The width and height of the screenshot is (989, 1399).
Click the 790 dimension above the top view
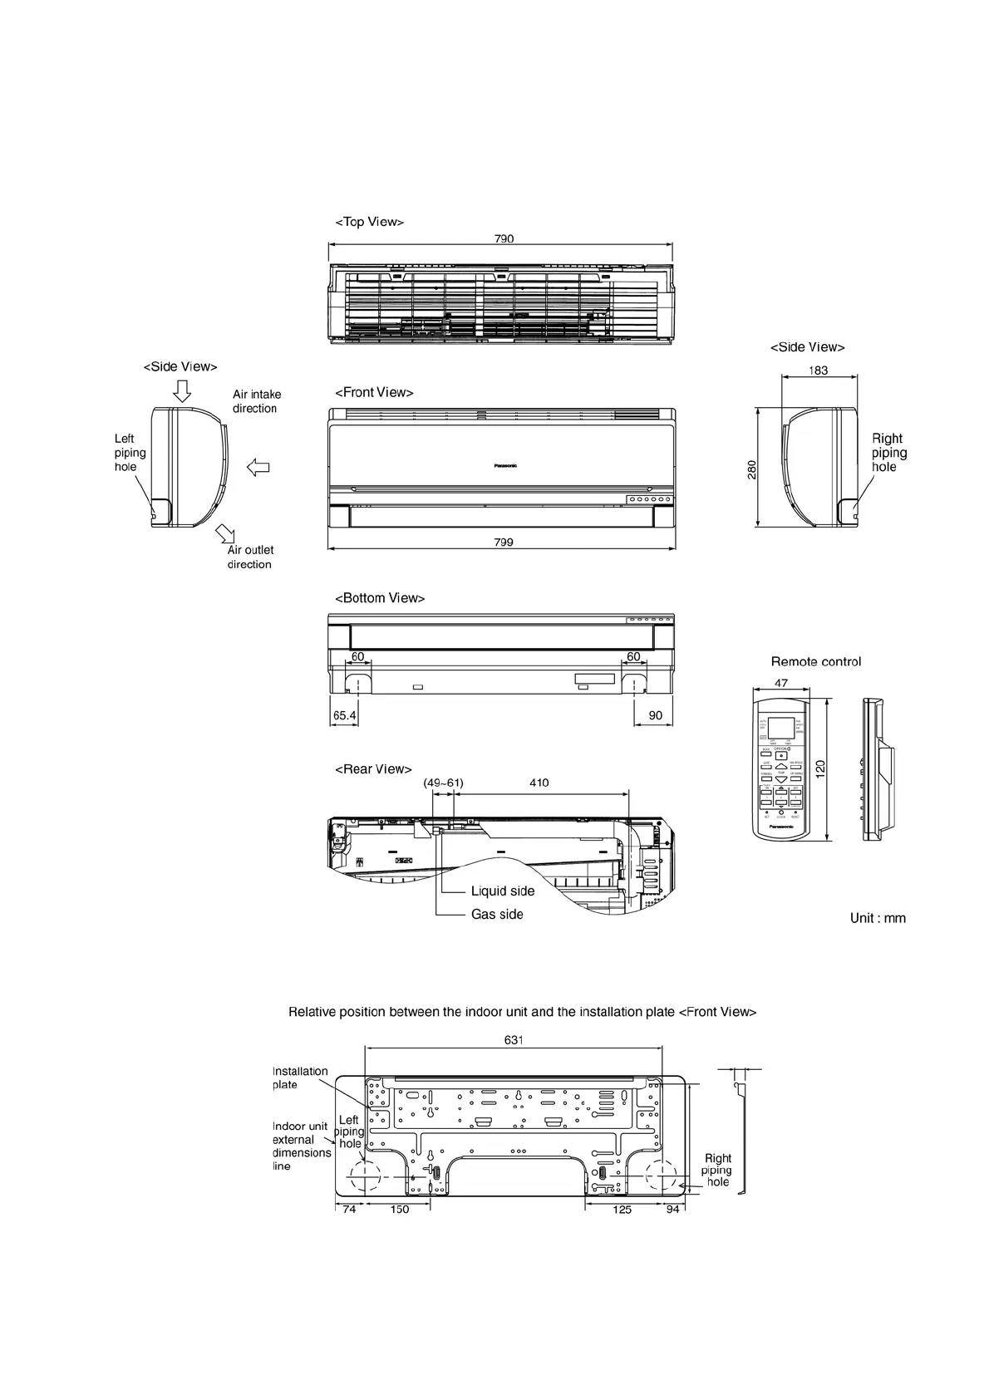[504, 238]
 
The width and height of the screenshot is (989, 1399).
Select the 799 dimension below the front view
[504, 542]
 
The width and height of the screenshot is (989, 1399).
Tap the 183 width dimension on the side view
[819, 371]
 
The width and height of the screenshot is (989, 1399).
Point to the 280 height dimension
[751, 470]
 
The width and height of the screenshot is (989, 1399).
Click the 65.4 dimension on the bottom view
[345, 715]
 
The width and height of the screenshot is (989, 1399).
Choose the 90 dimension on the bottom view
[656, 715]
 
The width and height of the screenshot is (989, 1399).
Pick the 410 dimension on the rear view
[539, 783]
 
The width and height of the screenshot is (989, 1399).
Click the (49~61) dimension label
[443, 783]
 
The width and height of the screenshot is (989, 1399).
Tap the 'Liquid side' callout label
[503, 891]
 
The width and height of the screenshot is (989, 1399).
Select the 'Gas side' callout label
[497, 915]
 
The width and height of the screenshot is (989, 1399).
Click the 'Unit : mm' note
[878, 918]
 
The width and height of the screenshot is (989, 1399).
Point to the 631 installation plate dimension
[514, 1040]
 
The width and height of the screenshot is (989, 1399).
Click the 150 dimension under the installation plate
[400, 1210]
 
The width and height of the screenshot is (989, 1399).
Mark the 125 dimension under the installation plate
[622, 1210]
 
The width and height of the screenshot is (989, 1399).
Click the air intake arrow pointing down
[182, 390]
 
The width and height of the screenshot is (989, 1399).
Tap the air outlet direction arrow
[225, 533]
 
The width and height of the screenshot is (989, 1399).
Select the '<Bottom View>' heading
[380, 598]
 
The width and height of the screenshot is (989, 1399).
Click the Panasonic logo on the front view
[505, 466]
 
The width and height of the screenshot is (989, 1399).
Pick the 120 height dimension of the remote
[820, 768]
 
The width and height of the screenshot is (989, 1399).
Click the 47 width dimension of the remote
[781, 683]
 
